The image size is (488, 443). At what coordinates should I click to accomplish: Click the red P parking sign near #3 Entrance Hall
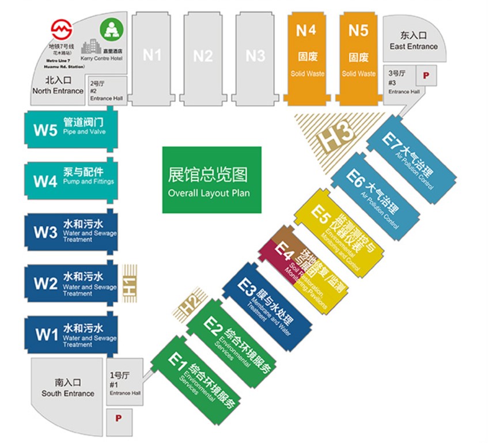(x=426, y=75)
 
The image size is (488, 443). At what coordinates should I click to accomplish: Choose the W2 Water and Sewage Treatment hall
(x=70, y=284)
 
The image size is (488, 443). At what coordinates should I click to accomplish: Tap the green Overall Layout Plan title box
(x=211, y=180)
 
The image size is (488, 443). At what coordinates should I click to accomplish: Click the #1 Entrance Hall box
(x=124, y=384)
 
